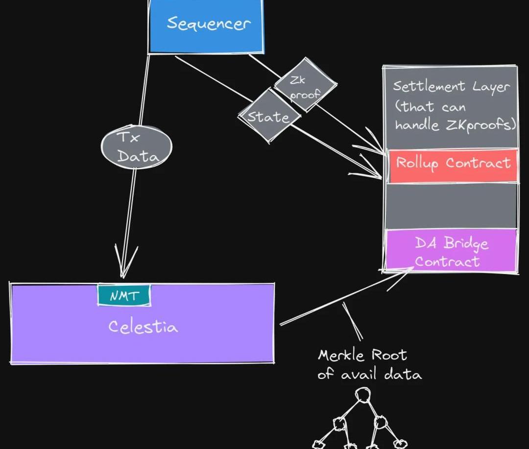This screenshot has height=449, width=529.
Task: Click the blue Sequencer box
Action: click(206, 26)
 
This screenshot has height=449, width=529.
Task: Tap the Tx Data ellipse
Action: click(137, 147)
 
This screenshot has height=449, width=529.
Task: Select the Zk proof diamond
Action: click(305, 85)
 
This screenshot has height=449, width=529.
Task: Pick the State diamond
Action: click(269, 116)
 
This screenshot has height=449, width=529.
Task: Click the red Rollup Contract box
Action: click(453, 166)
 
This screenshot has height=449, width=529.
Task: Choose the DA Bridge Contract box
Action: click(451, 250)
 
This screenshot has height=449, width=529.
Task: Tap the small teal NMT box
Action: click(124, 295)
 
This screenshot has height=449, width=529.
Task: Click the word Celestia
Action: click(143, 326)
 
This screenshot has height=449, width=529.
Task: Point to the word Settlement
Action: click(429, 86)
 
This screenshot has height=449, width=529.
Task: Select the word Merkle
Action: click(341, 355)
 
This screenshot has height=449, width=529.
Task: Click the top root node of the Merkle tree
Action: click(362, 395)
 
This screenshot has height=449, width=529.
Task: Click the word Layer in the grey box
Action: click(490, 87)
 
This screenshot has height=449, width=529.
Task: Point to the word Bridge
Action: click(466, 243)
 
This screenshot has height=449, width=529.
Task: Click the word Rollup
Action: click(417, 163)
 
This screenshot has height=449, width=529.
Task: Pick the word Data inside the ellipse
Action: click(138, 156)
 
